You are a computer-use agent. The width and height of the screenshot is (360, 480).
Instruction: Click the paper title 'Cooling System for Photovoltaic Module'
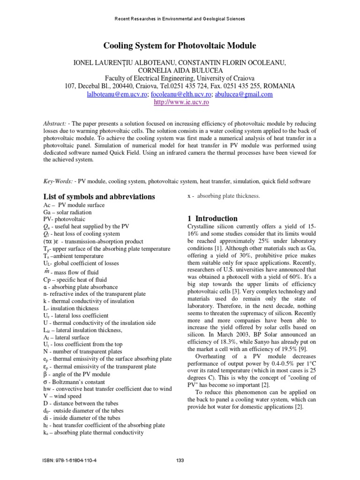pos(180,45)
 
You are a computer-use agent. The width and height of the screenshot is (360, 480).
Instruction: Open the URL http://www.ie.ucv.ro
pos(180,102)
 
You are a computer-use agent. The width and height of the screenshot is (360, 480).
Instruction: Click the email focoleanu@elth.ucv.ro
pos(181,94)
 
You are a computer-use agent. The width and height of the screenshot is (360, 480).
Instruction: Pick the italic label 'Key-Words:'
pos(59,180)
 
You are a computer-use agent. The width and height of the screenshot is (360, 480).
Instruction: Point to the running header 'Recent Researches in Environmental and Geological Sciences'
pos(180,19)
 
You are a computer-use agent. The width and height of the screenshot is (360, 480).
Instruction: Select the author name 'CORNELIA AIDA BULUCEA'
pos(180,70)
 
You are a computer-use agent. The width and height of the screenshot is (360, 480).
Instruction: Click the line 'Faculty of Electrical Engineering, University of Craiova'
pos(180,78)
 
